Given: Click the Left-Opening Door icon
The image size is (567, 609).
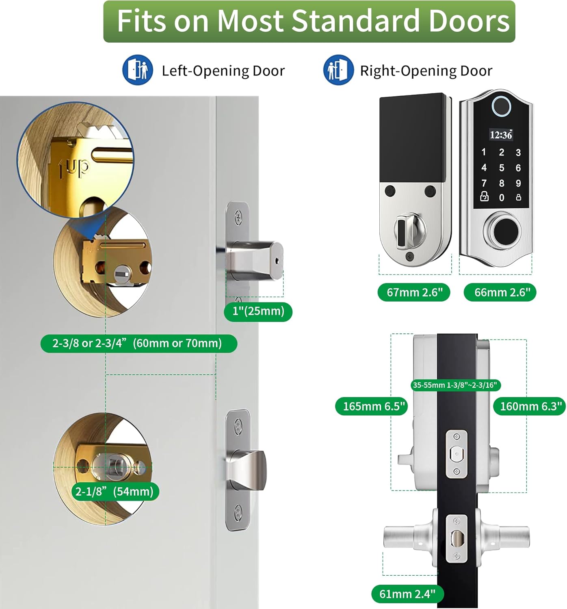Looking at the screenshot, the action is pos(137,70).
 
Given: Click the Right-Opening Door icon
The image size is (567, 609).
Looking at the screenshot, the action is pos(338,70).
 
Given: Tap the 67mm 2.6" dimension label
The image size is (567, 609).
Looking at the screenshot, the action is pos(414,292).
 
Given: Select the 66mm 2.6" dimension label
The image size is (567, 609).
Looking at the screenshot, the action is pos(500,292).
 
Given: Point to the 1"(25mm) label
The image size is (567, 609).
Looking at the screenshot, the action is pos(258,311).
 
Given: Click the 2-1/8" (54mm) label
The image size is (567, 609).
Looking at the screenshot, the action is pos(114,492).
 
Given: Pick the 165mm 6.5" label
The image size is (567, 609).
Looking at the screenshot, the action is pos(372,406).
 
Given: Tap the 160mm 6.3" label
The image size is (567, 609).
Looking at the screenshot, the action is pos(529,406).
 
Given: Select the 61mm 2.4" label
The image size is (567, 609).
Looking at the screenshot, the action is pos(408,594).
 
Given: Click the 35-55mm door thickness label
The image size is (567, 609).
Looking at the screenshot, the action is pos(456,385).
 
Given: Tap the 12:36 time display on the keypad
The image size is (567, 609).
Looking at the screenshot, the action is pos(501,135).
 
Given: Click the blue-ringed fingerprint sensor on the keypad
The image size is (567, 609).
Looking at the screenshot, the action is pos(501,107).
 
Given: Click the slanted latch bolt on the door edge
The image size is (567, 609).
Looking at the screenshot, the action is pos(249,470).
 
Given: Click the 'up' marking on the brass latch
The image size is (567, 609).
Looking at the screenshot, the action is pos(74,168).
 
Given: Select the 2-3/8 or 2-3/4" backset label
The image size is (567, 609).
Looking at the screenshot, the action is pos(139,343).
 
